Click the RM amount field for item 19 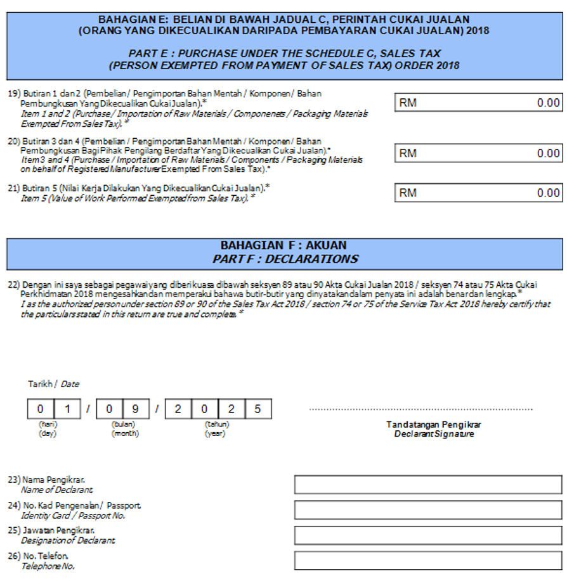[x=478, y=103]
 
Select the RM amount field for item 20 [x=478, y=153]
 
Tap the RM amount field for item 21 [x=478, y=193]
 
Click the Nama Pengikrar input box [x=427, y=485]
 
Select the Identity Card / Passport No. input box [x=427, y=510]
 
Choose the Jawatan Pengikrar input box [x=427, y=535]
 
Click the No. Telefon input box [x=427, y=561]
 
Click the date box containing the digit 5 [x=257, y=409]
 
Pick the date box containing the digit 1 [x=67, y=409]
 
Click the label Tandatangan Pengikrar [x=434, y=425]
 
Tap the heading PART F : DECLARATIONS [x=285, y=259]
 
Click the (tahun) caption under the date [x=216, y=424]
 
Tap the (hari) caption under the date [x=48, y=424]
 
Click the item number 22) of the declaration [x=13, y=285]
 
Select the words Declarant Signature [x=434, y=434]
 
